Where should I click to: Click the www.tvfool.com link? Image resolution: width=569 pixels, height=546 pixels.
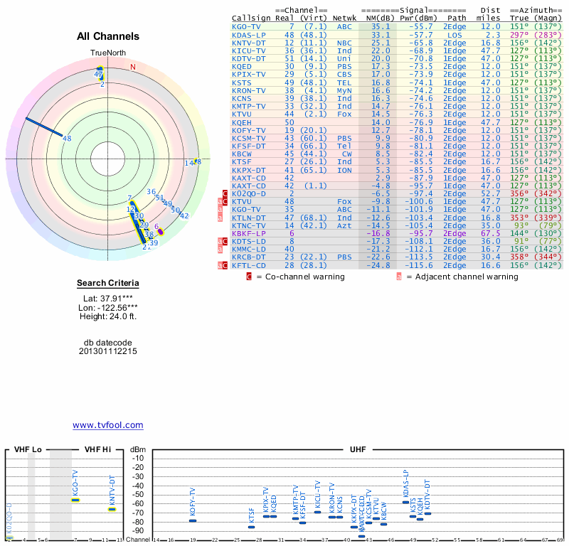[107, 425]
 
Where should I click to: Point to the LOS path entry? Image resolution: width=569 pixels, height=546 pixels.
[454, 34]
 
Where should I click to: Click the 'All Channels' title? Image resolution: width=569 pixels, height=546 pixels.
[108, 36]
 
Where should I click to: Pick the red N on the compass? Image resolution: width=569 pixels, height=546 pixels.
[132, 67]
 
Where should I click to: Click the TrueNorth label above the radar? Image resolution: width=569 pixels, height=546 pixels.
[107, 53]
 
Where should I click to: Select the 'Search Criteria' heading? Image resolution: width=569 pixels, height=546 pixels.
[108, 283]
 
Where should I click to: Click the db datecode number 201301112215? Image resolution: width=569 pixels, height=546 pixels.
[108, 351]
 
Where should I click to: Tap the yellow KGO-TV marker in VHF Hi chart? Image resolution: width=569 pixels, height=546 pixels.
[75, 500]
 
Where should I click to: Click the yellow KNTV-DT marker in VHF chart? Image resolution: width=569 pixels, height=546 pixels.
[112, 509]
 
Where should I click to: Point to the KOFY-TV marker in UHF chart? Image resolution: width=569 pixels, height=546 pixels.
[192, 521]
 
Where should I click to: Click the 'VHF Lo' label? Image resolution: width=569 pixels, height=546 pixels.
[27, 450]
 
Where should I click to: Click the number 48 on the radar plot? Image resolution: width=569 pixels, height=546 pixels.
[67, 139]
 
